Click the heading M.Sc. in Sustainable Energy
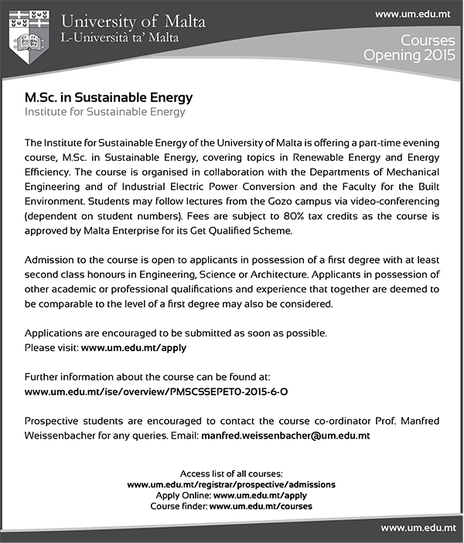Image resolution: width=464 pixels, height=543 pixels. [x=108, y=98]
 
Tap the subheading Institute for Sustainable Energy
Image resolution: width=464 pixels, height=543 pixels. [x=105, y=112]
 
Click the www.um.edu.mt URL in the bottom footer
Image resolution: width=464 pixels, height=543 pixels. [x=417, y=528]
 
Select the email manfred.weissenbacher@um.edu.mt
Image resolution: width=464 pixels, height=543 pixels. [x=285, y=435]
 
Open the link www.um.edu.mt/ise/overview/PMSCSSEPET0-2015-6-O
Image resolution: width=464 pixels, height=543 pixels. [x=156, y=392]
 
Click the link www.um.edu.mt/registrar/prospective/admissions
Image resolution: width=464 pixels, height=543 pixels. [x=231, y=484]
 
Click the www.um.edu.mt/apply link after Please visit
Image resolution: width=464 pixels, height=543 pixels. [x=134, y=348]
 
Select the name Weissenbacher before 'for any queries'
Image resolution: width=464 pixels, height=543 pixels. [x=62, y=435]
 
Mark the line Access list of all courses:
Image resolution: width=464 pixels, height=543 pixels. [x=231, y=473]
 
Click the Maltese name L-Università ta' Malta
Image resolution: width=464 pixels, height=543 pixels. [x=121, y=38]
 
